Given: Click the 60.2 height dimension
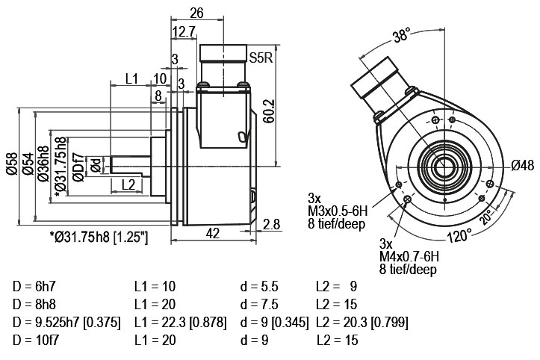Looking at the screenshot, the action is [269, 111].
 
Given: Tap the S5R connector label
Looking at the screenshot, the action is [261, 58].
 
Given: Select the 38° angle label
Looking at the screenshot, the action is [402, 35].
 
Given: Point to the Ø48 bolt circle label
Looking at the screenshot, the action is [522, 166].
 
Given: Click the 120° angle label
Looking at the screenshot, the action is [460, 235].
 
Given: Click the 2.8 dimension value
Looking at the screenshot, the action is [271, 224].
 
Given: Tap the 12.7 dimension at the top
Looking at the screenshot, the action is [184, 31].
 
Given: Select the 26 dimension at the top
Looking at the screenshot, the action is [197, 13].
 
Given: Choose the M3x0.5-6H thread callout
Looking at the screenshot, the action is [338, 211].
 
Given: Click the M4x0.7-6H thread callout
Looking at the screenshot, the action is [409, 256].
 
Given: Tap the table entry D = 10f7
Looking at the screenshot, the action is [36, 341].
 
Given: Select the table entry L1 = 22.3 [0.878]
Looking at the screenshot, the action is [181, 323].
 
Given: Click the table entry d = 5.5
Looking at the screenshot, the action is [259, 287].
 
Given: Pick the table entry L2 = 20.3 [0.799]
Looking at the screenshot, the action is [361, 323].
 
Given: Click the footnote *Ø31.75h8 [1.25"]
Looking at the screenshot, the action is [99, 237].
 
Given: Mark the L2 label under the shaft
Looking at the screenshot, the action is [128, 185].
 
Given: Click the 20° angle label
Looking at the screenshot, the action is [488, 217].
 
